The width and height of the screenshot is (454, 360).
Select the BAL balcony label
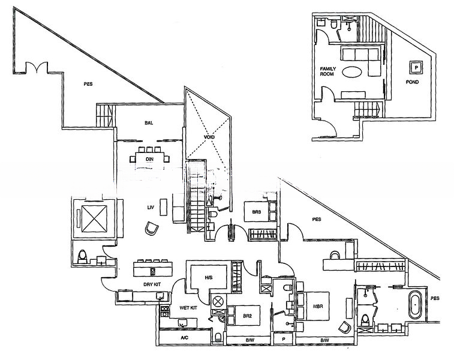149,123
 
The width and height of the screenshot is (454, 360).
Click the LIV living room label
151,208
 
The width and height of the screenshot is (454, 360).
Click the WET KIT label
189,308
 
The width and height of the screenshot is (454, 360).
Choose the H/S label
209,278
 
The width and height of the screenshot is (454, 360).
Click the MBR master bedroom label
318,306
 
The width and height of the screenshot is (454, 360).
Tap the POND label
412,82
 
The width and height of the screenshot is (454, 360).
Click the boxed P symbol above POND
414,67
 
